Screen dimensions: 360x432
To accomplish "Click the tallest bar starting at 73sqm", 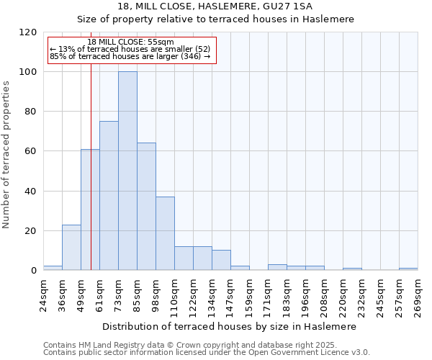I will point(127,171).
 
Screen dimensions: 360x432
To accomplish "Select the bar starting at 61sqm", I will point(109,196).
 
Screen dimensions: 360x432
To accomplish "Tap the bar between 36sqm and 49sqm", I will point(71,248).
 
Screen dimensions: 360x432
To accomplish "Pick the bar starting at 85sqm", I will point(146,207).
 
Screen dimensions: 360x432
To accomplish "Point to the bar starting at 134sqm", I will point(221,260).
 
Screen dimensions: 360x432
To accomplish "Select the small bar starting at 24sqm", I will point(53,268).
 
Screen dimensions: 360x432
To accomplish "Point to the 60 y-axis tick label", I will point(31,151).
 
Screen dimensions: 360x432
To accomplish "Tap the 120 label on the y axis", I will point(28,32).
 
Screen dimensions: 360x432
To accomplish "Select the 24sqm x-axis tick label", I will point(43,294).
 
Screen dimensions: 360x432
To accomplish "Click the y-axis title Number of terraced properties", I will point(6,154).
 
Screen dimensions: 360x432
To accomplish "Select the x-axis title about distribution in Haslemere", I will point(230,326).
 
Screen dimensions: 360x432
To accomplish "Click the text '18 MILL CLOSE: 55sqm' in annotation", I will point(131,42).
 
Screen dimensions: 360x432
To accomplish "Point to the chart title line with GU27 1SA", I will point(215,6).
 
